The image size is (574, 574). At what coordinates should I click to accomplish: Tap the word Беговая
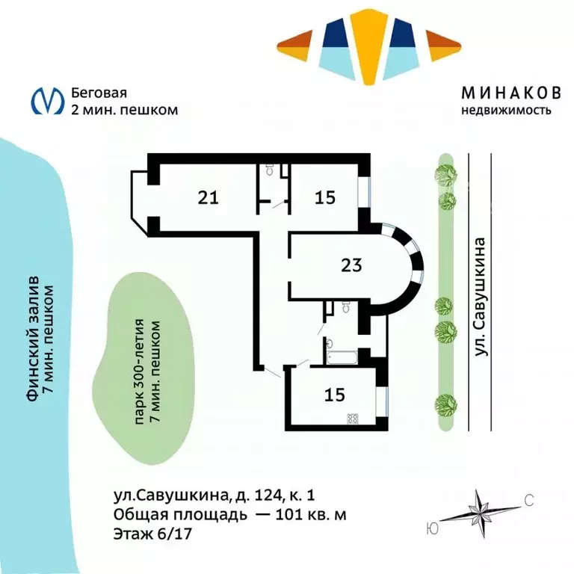point(99,93)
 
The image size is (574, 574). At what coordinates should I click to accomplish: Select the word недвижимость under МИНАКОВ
point(506,111)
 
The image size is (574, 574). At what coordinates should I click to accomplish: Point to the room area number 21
point(209,197)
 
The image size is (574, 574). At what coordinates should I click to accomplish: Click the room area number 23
point(351,265)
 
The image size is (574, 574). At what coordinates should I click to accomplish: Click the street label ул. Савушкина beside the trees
point(483,297)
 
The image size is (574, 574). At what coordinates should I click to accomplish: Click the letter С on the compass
point(528,501)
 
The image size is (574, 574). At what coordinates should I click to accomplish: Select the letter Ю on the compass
point(431,528)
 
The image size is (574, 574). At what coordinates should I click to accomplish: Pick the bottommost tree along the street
point(446,404)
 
